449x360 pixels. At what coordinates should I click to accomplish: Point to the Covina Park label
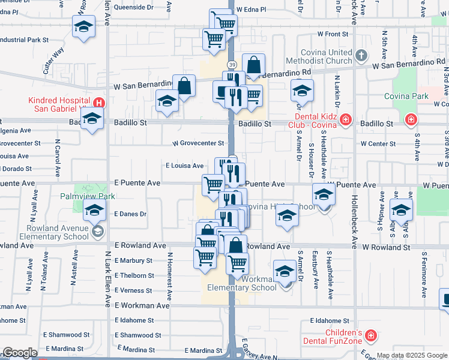(x=406, y=96)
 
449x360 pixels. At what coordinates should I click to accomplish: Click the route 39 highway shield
(x=232, y=64)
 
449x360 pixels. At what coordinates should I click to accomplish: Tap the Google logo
(x=20, y=353)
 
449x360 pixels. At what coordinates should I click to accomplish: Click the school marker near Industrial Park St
(x=84, y=28)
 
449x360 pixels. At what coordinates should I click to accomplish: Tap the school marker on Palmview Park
(x=94, y=211)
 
